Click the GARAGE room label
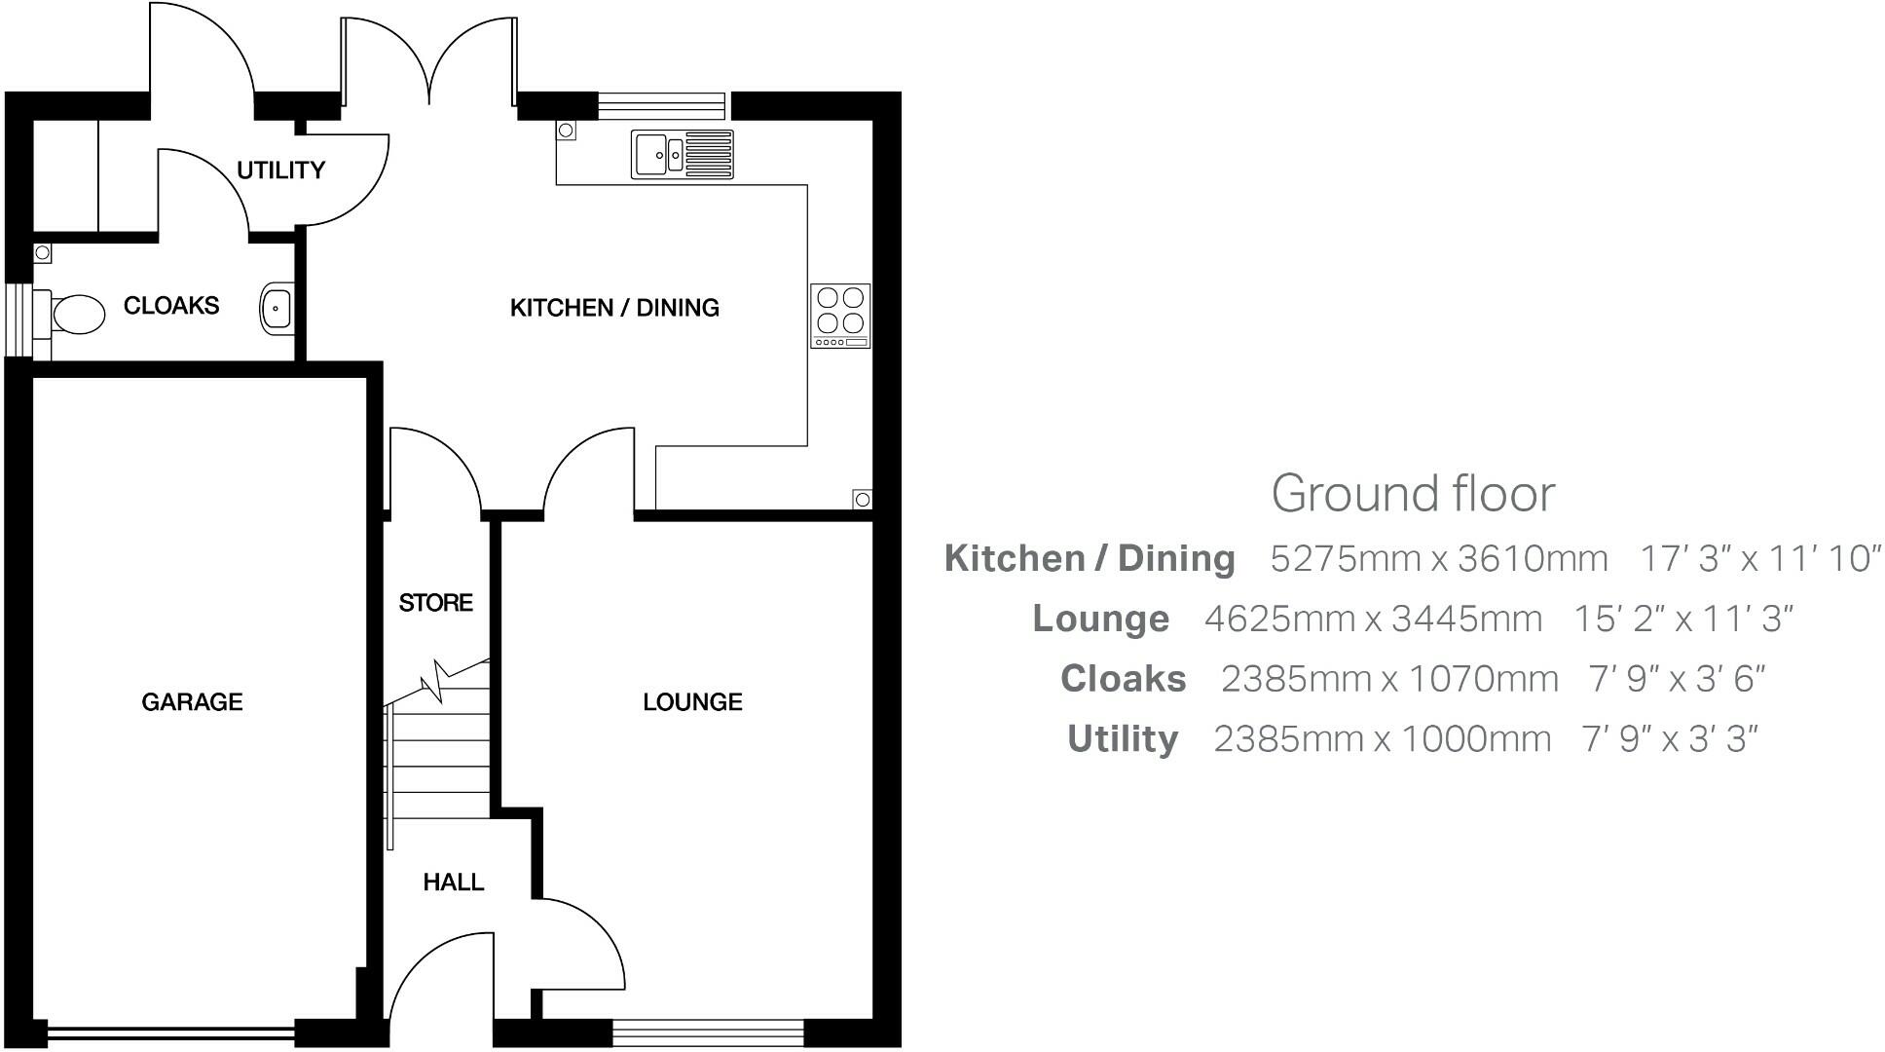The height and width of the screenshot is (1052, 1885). pos(192,702)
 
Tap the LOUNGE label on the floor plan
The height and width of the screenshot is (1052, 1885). pos(692,702)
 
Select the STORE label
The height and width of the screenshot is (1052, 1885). pos(435,603)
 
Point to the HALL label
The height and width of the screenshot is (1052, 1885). pos(453,883)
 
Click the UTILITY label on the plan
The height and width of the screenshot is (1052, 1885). pos(280,170)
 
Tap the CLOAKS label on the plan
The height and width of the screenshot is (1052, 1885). pos(171,306)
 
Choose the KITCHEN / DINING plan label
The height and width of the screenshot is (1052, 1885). pos(614,308)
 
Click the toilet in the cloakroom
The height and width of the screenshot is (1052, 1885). pos(74,314)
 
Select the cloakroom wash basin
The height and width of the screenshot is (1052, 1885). pos(277,309)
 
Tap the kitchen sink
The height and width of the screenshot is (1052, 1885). pos(682,154)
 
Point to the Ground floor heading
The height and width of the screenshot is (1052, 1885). pos(1413,494)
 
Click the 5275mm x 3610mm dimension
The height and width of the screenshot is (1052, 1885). pos(1438,559)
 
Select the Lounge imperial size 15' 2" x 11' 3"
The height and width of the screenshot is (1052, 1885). pos(1683,619)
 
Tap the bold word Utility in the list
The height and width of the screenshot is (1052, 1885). pos(1123,739)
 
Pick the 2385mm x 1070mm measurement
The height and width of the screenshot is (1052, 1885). pos(1389,679)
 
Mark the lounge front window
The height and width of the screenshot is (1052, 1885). pos(709,1033)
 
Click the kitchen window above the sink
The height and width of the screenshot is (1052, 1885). pos(661,105)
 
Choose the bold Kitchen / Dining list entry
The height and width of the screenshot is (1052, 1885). pos(1090,559)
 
